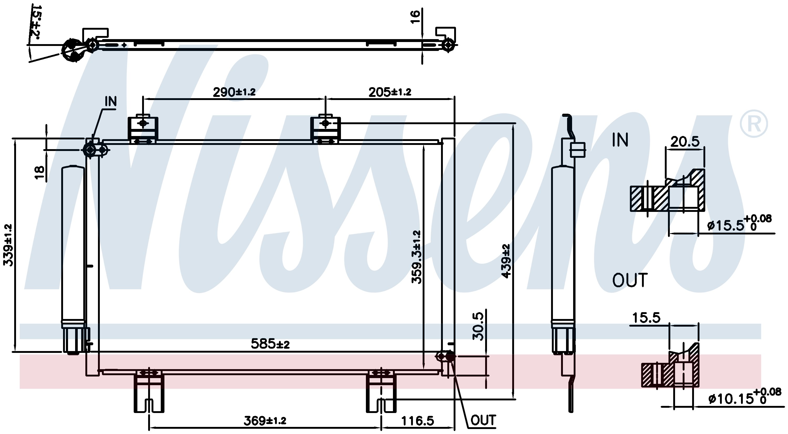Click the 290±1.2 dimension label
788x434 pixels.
[234, 92]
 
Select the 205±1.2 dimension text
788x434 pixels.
[390, 92]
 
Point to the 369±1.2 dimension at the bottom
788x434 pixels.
[265, 421]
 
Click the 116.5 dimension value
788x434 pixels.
[418, 421]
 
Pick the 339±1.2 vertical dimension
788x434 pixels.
[8, 245]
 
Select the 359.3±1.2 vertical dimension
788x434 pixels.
[416, 257]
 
